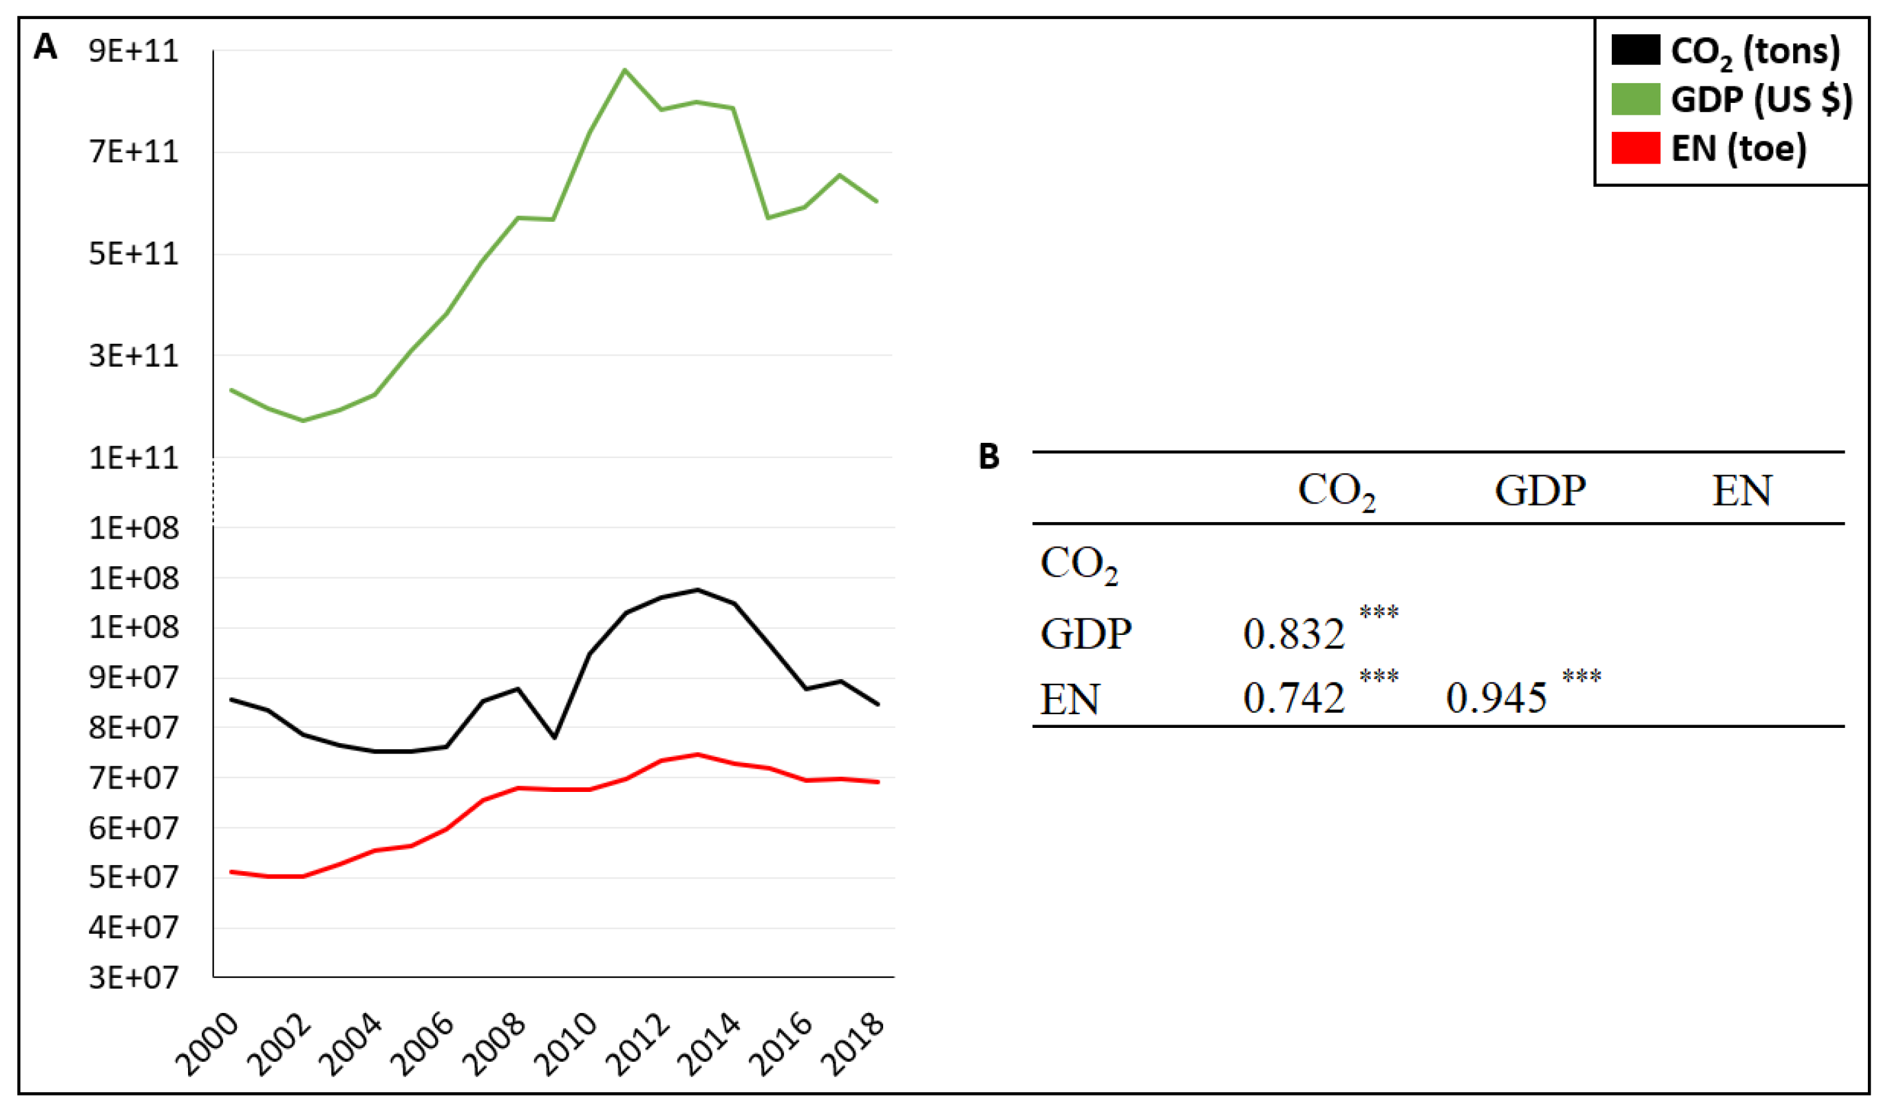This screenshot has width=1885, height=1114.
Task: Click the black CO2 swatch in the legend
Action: pos(1634,50)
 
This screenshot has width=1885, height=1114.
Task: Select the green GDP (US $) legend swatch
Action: pos(1634,99)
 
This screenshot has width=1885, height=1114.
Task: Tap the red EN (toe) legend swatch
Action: pos(1634,148)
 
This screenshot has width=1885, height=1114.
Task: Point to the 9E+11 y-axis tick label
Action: pos(133,51)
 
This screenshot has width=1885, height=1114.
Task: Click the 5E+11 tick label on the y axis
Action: pos(133,253)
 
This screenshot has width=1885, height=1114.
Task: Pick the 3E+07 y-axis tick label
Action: pos(133,977)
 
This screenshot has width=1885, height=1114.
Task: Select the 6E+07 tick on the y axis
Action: pos(133,828)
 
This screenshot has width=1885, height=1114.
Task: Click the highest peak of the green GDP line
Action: pos(624,70)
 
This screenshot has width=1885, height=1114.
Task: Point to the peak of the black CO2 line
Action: pos(698,590)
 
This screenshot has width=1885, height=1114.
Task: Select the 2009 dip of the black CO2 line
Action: pos(554,737)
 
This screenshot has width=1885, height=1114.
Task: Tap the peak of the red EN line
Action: pos(698,754)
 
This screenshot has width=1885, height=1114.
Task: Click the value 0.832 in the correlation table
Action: pos(1293,634)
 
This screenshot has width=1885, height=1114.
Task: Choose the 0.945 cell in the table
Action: pos(1496,699)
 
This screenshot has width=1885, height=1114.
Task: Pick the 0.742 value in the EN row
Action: pos(1293,699)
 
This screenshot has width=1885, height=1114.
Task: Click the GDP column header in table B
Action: pos(1540,491)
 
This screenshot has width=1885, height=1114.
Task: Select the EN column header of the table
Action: pos(1742,491)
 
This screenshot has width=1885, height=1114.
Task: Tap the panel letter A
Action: pos(45,47)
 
